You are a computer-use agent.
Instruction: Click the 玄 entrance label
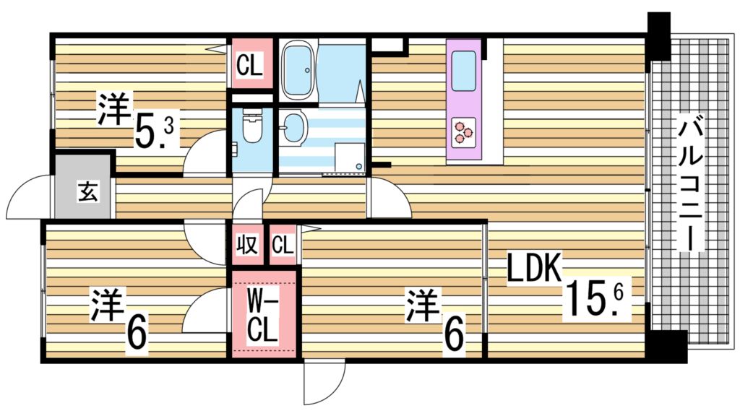click(x=85, y=193)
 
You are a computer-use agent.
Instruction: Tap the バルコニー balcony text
click(x=691, y=185)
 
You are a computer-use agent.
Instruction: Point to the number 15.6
click(x=597, y=297)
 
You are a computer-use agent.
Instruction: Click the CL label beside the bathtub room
click(x=250, y=66)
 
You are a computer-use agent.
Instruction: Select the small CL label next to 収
click(x=282, y=246)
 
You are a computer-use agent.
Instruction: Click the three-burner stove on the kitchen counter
click(x=463, y=131)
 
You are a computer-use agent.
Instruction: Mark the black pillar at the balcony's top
click(x=659, y=37)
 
